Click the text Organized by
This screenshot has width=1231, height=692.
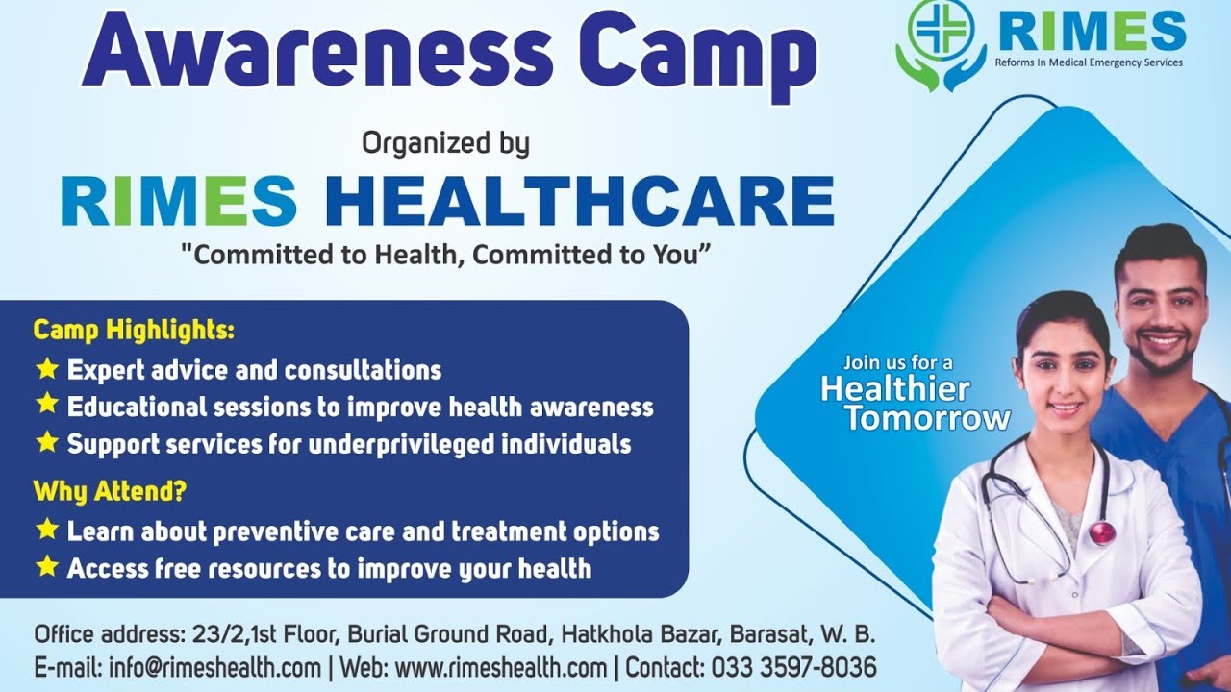coord(445,144)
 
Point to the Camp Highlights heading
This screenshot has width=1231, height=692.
coord(134,331)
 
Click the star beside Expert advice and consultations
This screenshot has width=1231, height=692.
coord(46,368)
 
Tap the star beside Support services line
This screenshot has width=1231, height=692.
coord(46,442)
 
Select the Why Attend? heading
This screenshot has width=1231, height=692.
coord(110,492)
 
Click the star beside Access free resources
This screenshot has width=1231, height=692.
coord(46,567)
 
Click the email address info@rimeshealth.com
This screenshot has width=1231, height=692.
coord(215,667)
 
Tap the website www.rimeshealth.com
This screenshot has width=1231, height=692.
coord(501,667)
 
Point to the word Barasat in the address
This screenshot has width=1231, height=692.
coord(768,635)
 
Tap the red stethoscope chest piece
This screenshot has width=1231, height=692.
coord(1102,531)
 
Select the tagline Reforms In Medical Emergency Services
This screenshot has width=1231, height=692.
coord(1090,62)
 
